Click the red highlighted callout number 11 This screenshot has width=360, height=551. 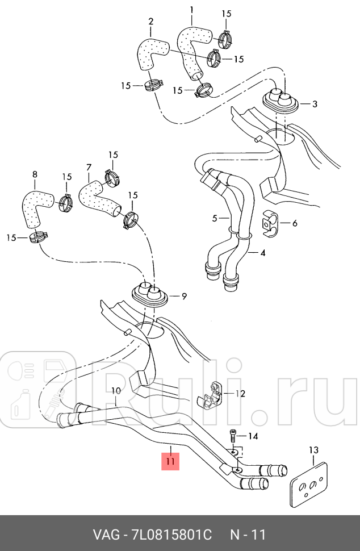click(171, 460)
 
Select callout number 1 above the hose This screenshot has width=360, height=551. click(191, 10)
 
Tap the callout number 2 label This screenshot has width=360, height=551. click(150, 22)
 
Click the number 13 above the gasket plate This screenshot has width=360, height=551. click(313, 450)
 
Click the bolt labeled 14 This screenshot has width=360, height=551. click(233, 436)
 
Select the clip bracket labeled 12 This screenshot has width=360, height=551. click(211, 393)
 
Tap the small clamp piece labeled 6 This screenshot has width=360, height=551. click(271, 223)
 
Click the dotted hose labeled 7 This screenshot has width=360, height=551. click(98, 197)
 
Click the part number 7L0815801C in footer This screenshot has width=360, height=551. click(172, 535)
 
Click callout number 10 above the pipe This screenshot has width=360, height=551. click(116, 391)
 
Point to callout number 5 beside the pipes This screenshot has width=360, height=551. click(215, 218)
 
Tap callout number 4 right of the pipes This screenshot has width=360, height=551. click(263, 252)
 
